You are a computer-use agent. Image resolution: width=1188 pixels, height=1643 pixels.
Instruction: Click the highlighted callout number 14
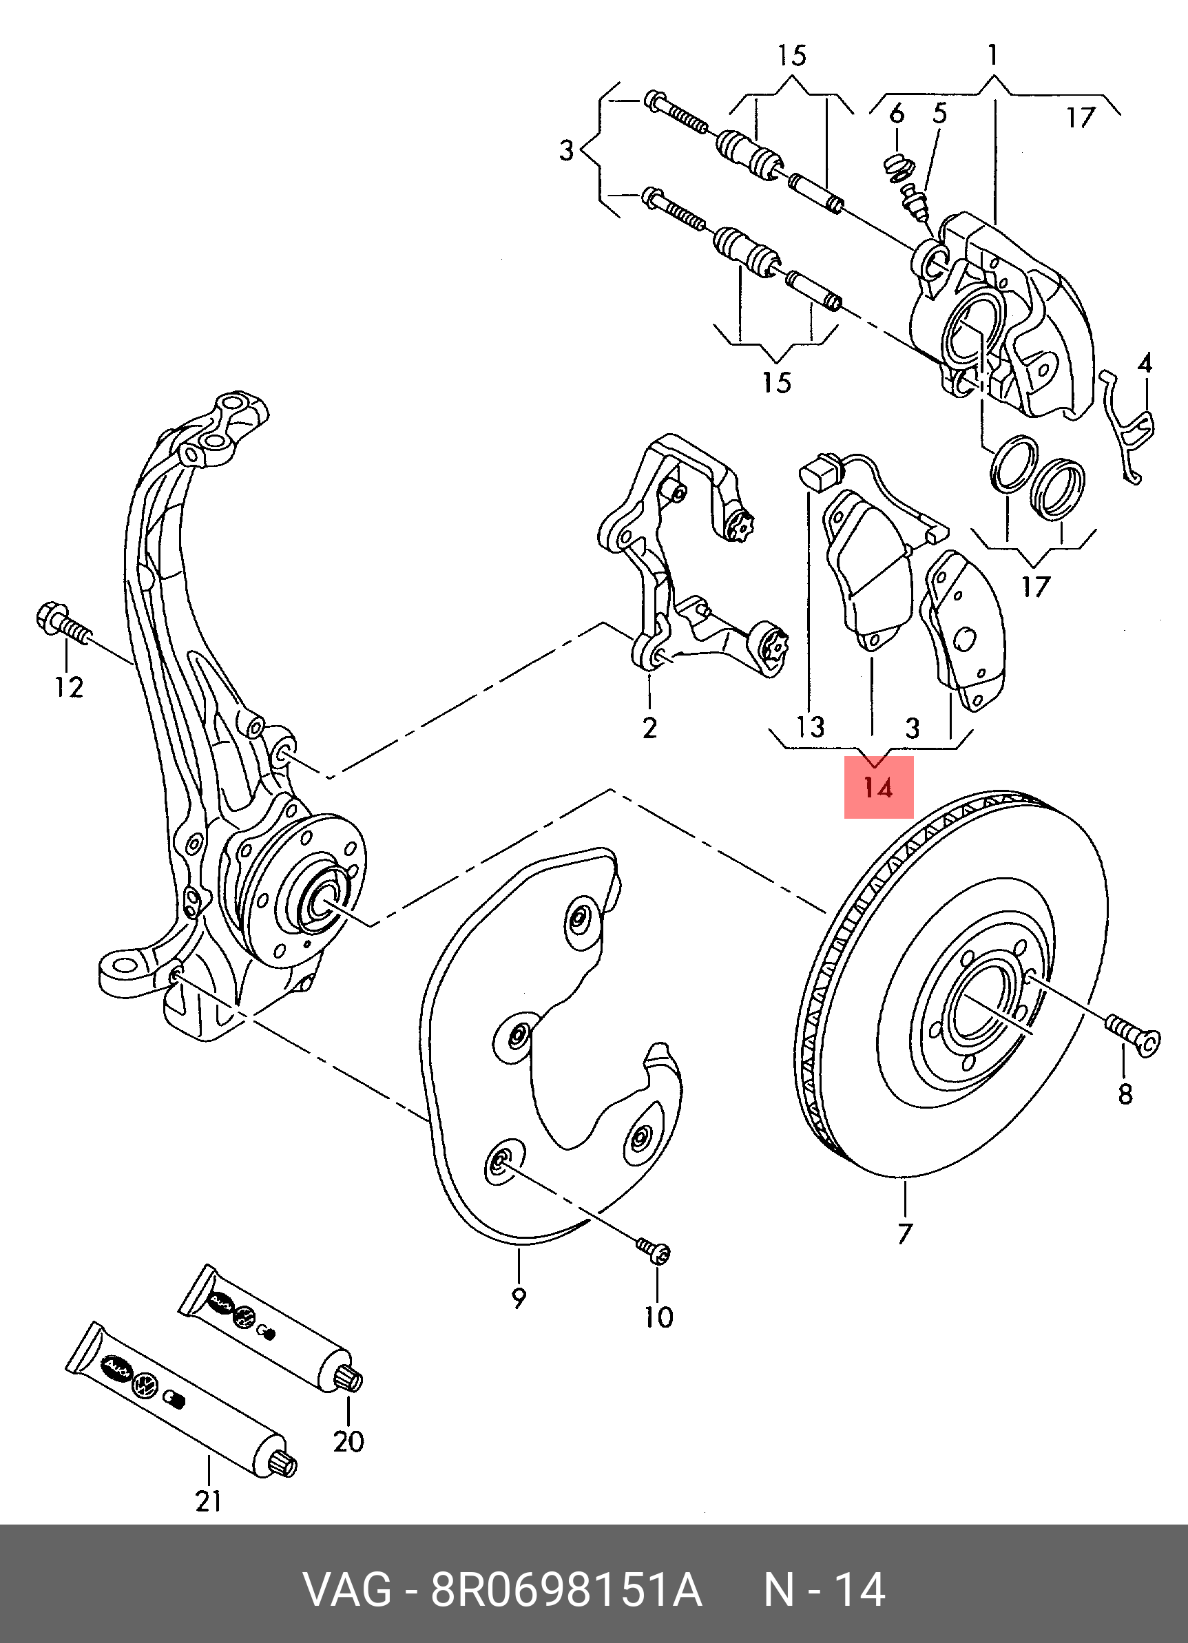(x=878, y=788)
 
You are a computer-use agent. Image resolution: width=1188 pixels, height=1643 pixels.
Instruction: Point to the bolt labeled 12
(x=61, y=627)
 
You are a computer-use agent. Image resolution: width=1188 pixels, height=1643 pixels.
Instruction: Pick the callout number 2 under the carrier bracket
(x=649, y=726)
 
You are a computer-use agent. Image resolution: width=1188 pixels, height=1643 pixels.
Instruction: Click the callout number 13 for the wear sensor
(x=811, y=726)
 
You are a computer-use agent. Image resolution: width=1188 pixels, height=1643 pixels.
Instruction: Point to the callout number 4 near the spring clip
(x=1144, y=364)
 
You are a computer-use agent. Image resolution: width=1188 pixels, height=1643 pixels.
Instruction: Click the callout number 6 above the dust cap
(x=896, y=113)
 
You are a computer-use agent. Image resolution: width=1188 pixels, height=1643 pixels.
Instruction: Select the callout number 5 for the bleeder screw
(x=939, y=113)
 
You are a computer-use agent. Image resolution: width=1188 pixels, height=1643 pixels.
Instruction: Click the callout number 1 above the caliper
(x=992, y=55)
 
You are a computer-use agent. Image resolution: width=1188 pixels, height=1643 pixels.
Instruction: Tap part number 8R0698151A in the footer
(x=567, y=1591)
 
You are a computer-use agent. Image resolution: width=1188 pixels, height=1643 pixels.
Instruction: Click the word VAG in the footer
(x=347, y=1591)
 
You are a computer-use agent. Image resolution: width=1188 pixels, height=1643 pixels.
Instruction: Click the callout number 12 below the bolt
(x=69, y=687)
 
